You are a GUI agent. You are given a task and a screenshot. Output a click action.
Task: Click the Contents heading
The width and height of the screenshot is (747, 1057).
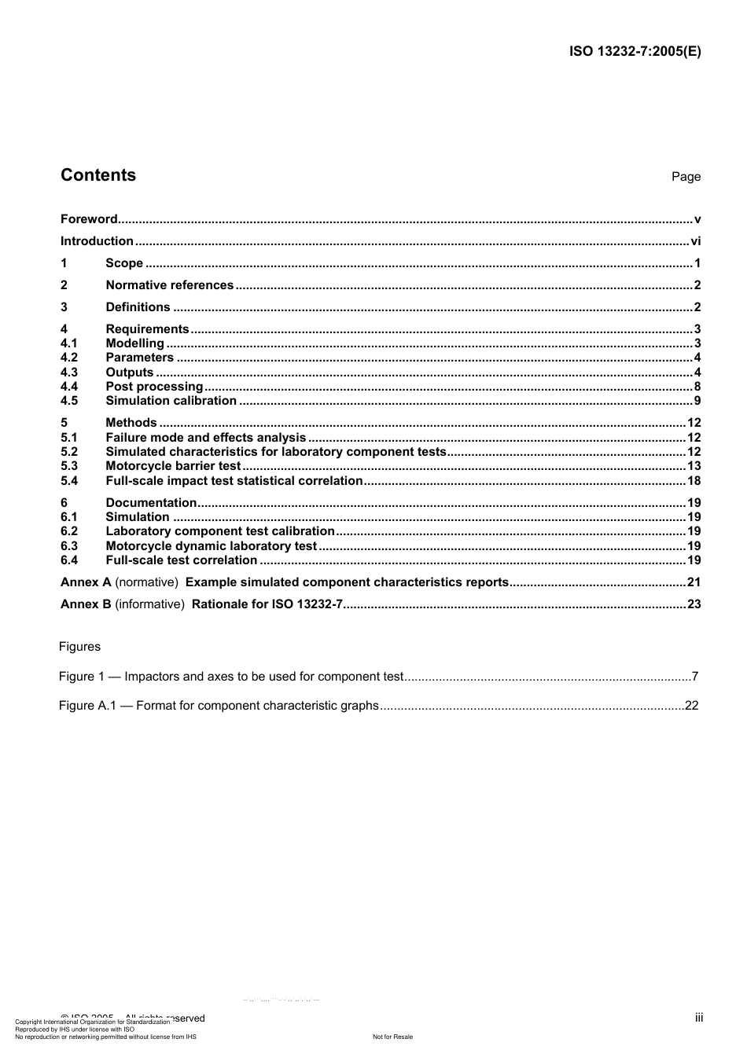98,175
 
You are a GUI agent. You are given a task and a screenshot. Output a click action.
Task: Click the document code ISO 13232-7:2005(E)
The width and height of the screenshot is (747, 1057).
635,52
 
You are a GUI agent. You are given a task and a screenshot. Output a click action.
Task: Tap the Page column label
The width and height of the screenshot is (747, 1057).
686,177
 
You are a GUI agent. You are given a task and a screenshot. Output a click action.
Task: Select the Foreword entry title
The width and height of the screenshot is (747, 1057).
89,219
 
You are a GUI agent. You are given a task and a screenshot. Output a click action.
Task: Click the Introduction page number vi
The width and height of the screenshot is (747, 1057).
695,241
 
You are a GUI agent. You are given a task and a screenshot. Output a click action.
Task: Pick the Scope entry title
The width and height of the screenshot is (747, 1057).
124,263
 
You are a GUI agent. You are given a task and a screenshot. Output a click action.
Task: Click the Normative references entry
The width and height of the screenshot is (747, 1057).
169,285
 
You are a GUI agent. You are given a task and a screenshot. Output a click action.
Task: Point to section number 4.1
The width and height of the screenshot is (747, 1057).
69,343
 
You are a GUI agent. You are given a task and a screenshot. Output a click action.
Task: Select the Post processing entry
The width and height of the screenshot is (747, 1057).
154,387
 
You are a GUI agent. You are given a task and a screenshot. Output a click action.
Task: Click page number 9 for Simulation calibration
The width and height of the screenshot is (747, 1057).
697,401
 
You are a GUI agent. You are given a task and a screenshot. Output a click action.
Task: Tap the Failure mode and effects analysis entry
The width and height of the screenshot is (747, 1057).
205,438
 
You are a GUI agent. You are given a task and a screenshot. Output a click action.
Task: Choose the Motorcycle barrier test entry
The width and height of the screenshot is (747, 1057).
173,466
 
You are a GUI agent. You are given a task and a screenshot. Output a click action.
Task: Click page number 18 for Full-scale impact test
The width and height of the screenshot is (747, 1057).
693,481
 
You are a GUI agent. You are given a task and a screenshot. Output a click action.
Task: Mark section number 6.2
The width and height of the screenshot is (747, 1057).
69,531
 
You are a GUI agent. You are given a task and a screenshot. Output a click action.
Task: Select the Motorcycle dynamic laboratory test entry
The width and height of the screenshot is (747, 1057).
211,546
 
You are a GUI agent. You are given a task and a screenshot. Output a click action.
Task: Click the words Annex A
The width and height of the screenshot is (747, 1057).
86,582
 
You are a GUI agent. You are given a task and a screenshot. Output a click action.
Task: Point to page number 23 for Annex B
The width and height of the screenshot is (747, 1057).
693,604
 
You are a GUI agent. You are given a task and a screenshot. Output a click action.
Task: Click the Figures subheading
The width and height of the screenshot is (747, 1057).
79,647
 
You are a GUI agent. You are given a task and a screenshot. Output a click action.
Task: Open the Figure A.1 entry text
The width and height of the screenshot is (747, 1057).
219,706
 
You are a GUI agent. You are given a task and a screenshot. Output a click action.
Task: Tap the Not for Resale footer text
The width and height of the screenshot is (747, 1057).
392,1037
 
